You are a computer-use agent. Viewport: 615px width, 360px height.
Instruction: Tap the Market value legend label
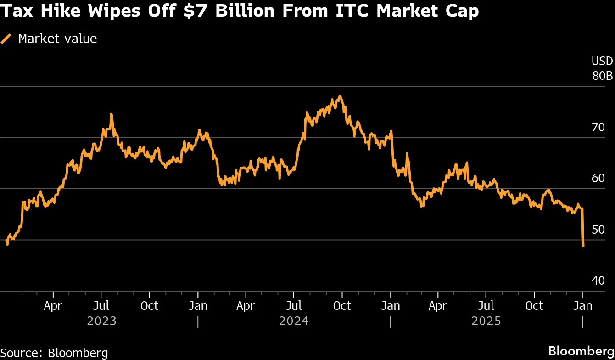[x=57, y=39]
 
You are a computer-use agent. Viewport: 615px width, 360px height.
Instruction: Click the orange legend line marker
[x=6, y=39]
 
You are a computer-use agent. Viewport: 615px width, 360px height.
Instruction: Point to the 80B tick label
[x=602, y=76]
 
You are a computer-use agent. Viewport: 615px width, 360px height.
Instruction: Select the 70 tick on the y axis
[x=598, y=127]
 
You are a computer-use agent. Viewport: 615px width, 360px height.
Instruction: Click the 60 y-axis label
[x=598, y=178]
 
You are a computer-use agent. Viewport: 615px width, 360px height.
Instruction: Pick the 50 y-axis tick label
[x=598, y=229]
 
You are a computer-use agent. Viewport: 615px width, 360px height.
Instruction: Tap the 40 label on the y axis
[x=598, y=280]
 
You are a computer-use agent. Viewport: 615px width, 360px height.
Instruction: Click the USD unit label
[x=602, y=62]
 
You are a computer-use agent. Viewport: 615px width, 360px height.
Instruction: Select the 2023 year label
[x=101, y=321]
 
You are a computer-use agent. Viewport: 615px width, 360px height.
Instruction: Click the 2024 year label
[x=294, y=321]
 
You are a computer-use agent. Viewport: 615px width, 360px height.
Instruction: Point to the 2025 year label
[x=486, y=321]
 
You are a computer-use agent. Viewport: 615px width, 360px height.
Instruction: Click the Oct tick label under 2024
[x=342, y=306]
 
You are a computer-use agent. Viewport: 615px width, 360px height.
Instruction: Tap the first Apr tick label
[x=53, y=306]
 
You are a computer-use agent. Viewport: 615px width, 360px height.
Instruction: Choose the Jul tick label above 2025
[x=486, y=306]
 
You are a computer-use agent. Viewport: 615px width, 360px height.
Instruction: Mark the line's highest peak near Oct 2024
[x=340, y=96]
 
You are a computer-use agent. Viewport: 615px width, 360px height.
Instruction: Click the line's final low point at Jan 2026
[x=583, y=246]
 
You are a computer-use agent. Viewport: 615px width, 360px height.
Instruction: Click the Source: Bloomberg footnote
[x=54, y=353]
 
